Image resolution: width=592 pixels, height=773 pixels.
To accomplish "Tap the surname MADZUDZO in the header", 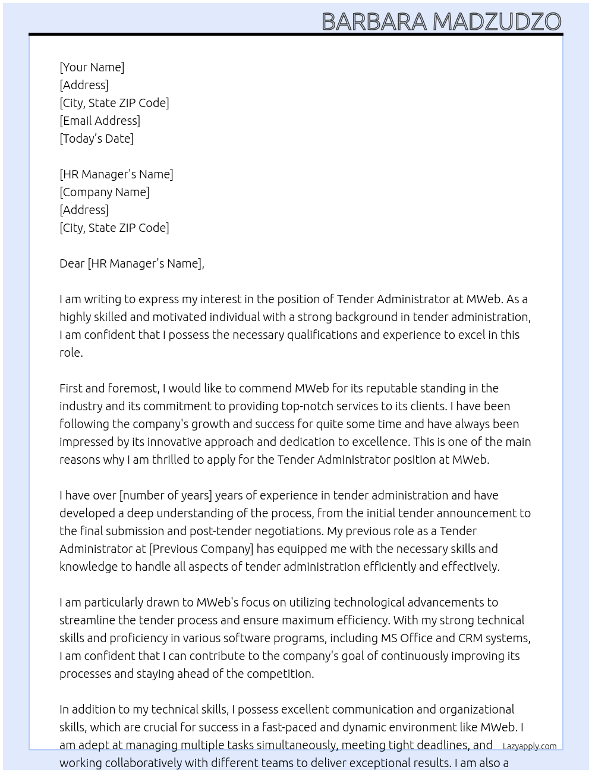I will (x=496, y=22).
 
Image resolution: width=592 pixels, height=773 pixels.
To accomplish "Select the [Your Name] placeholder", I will (x=92, y=67).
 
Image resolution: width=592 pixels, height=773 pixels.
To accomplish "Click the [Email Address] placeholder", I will (x=100, y=121).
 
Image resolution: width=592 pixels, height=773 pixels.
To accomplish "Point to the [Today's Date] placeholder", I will (x=96, y=139).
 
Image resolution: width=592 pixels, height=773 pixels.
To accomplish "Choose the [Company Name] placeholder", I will (x=105, y=192).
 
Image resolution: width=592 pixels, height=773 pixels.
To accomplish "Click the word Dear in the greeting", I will (x=72, y=263).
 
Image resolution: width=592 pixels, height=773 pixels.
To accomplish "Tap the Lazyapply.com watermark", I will (x=530, y=746).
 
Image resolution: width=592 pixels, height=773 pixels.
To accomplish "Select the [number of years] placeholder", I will (x=166, y=495).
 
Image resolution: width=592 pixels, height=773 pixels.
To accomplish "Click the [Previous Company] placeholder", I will (x=201, y=549).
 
